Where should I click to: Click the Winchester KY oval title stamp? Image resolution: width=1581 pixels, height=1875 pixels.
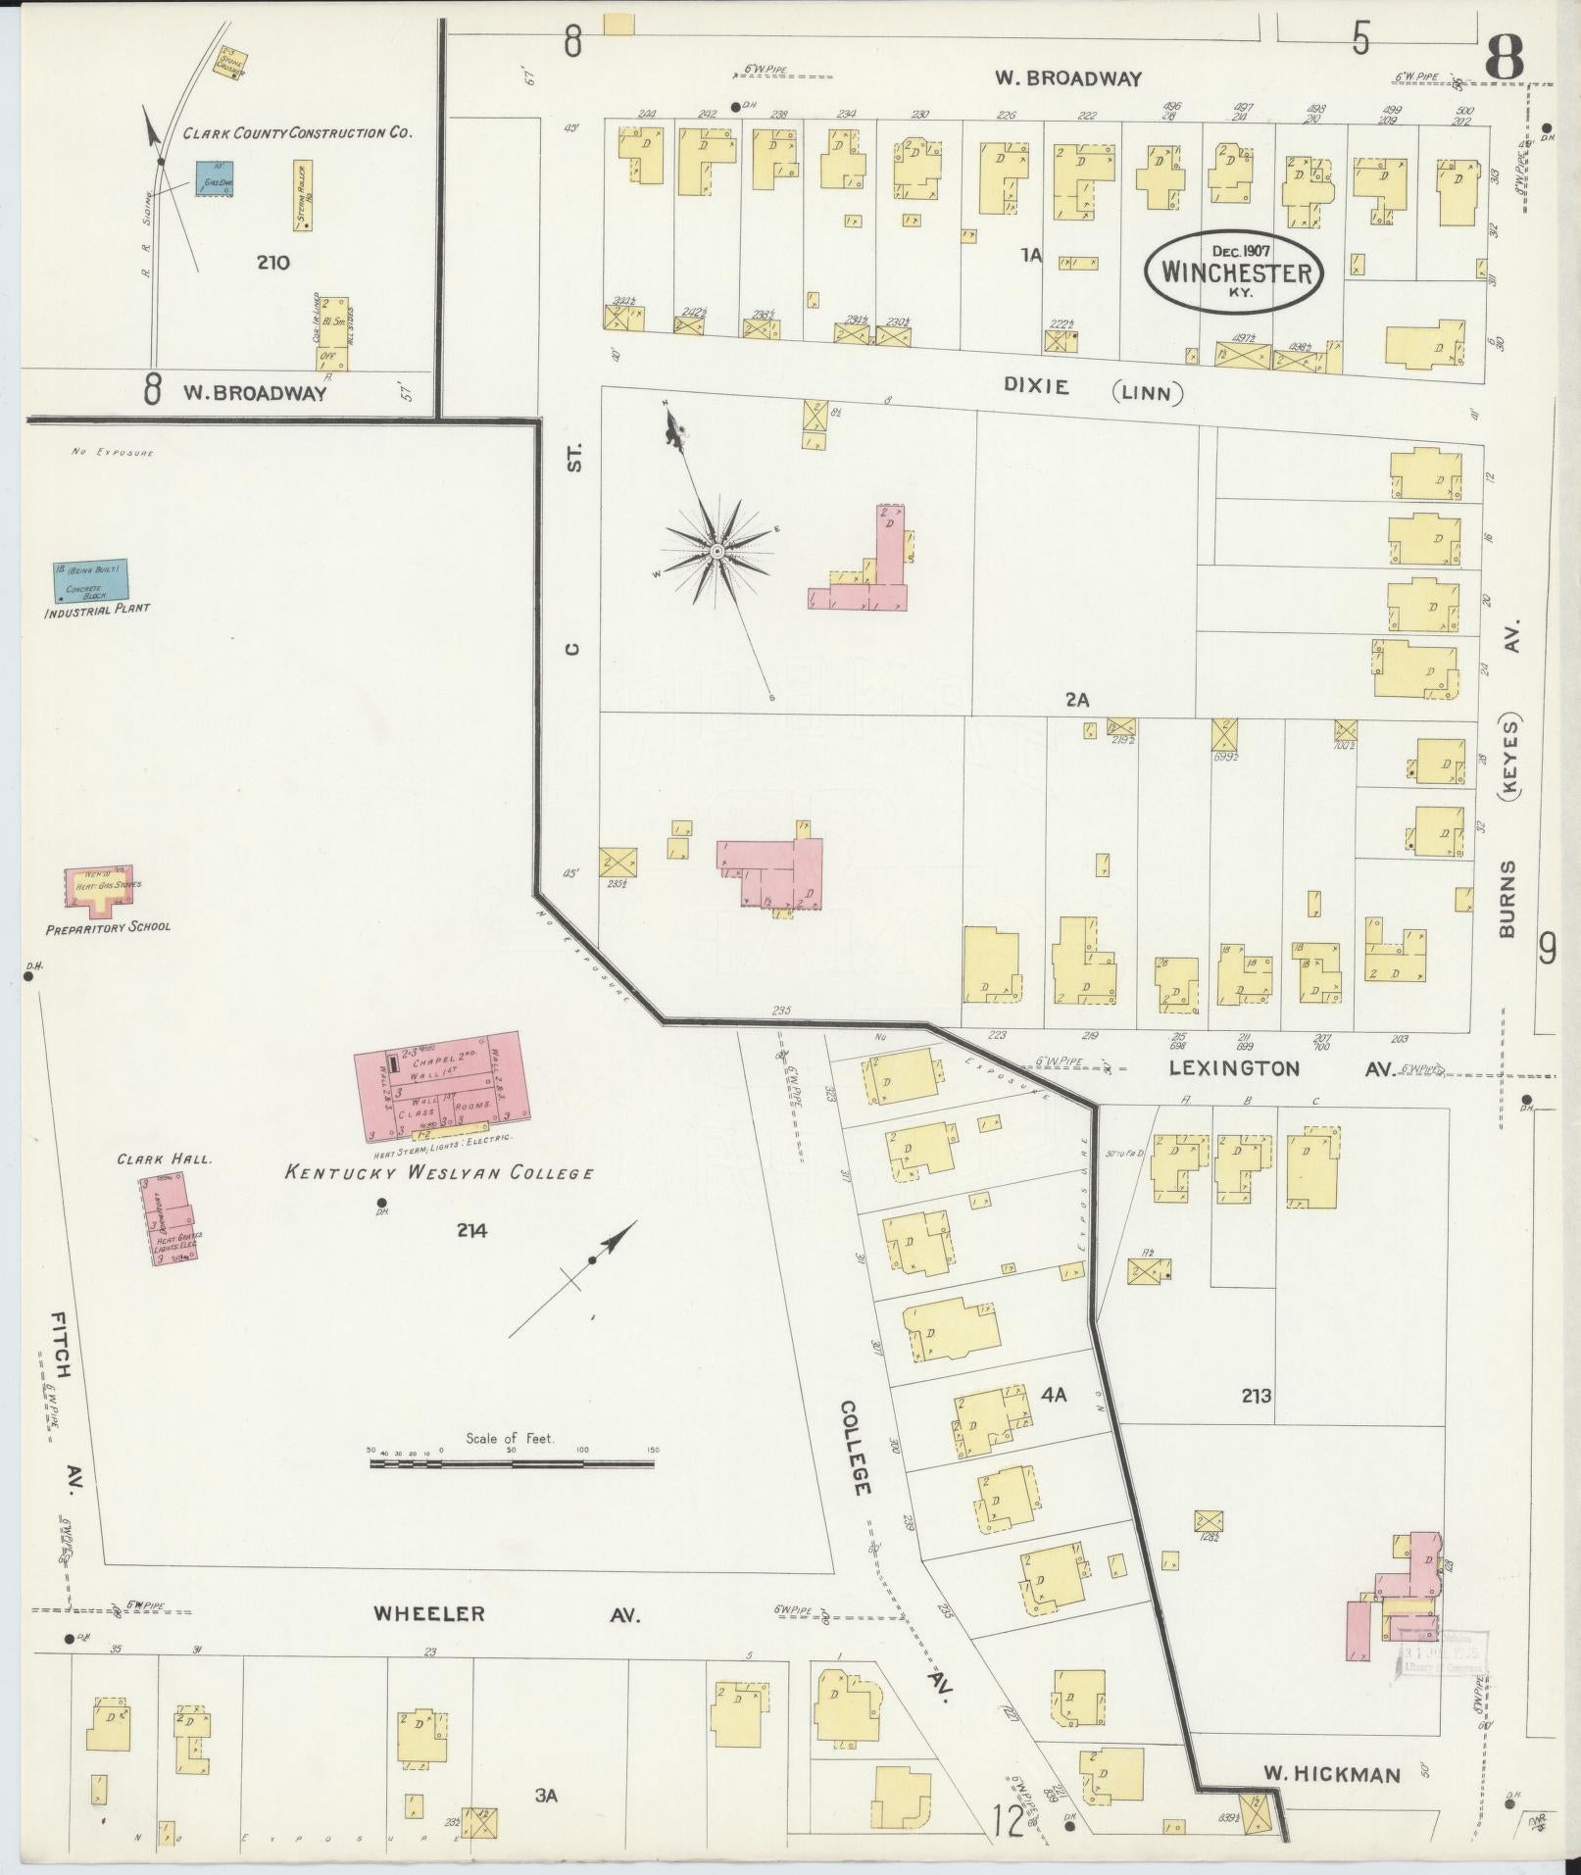(x=1235, y=271)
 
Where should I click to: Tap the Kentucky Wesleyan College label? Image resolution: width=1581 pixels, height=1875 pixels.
(x=438, y=1171)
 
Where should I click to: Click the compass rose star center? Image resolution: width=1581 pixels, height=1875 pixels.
(x=716, y=552)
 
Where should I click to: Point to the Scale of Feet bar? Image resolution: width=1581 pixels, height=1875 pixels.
(x=511, y=1463)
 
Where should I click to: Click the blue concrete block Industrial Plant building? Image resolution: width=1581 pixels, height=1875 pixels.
(x=91, y=581)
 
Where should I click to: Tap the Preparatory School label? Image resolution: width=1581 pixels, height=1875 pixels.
(x=108, y=926)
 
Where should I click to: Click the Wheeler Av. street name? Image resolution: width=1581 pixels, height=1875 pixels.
(x=507, y=1614)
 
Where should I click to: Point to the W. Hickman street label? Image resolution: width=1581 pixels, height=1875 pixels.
(x=1331, y=1773)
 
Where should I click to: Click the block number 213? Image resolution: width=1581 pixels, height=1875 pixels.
(x=1257, y=1395)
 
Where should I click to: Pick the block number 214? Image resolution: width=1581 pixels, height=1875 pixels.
(x=470, y=1232)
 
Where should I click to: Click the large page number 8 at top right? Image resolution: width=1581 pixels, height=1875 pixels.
(x=1505, y=61)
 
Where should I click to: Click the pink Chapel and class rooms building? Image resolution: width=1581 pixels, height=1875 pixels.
(x=437, y=1084)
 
